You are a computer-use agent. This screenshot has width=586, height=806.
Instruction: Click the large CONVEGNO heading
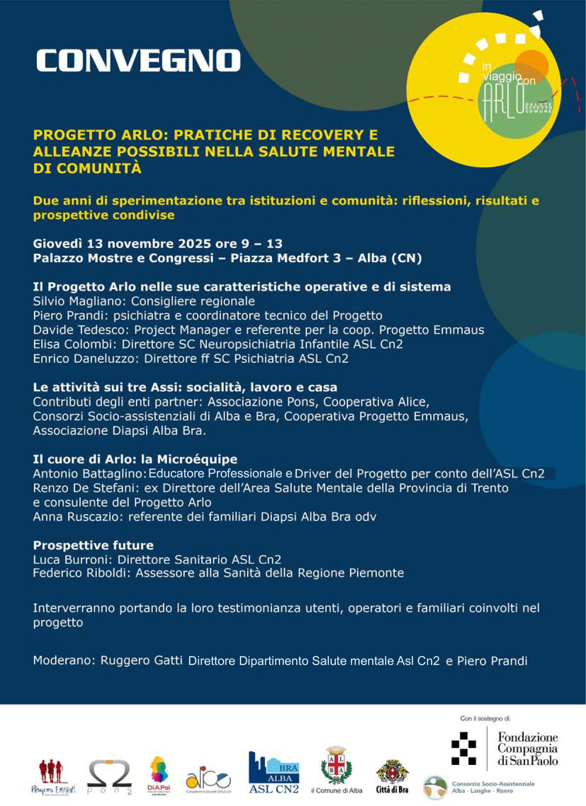(138, 60)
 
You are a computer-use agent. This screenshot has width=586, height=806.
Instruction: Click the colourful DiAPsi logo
(159, 773)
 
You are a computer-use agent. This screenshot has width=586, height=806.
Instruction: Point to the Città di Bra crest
(392, 772)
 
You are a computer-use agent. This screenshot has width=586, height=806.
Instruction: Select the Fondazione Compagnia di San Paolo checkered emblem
(464, 748)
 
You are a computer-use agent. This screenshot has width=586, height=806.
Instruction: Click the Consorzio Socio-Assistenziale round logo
(435, 788)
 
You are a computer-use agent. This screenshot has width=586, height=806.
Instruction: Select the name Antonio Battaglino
(88, 473)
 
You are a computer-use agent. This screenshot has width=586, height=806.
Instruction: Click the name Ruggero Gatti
(141, 660)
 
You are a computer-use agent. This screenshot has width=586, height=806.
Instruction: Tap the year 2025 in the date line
(195, 244)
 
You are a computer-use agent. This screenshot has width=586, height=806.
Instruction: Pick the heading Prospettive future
(93, 545)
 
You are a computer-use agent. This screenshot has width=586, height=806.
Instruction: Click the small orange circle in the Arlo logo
(532, 63)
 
